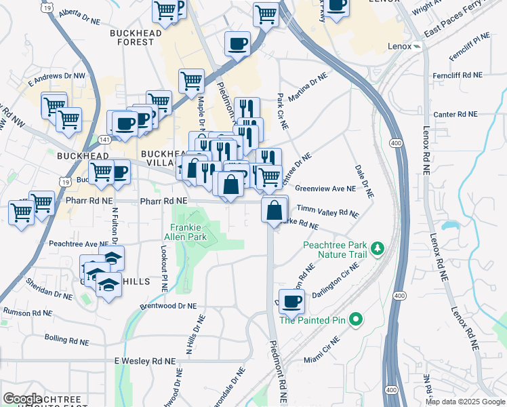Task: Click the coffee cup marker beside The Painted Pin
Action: (x=292, y=301)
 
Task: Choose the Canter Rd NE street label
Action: (x=456, y=115)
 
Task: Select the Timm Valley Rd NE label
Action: (x=328, y=212)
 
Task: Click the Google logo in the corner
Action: (x=22, y=400)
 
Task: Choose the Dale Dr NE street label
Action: (x=365, y=181)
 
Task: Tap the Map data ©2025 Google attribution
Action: (x=465, y=402)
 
